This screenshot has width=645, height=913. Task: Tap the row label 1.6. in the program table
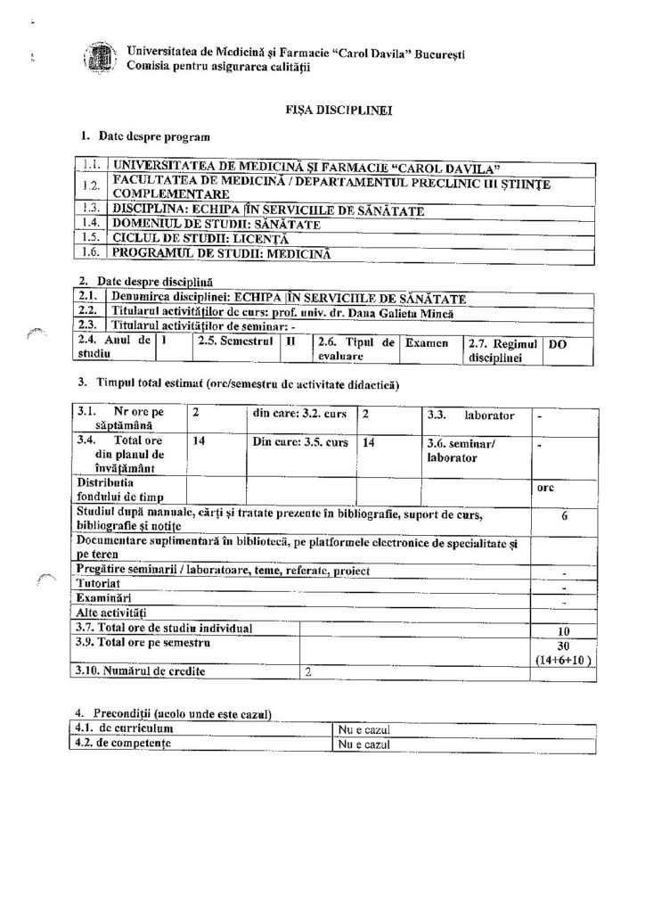pyautogui.click(x=89, y=254)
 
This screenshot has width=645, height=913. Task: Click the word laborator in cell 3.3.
pyautogui.click(x=488, y=415)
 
